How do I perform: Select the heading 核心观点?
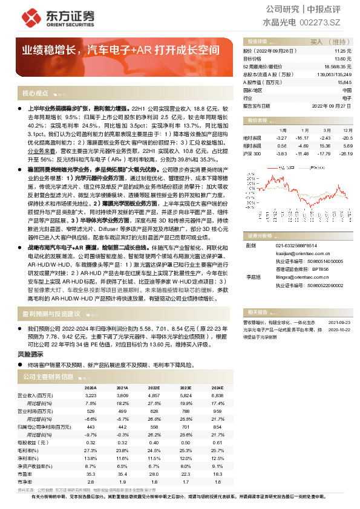tap(35, 94)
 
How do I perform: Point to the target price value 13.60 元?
tap(342, 59)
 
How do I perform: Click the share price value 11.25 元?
tap(342, 51)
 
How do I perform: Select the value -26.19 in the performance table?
tap(345, 154)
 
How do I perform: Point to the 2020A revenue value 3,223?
tap(90, 394)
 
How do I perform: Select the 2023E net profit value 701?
tap(186, 427)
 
